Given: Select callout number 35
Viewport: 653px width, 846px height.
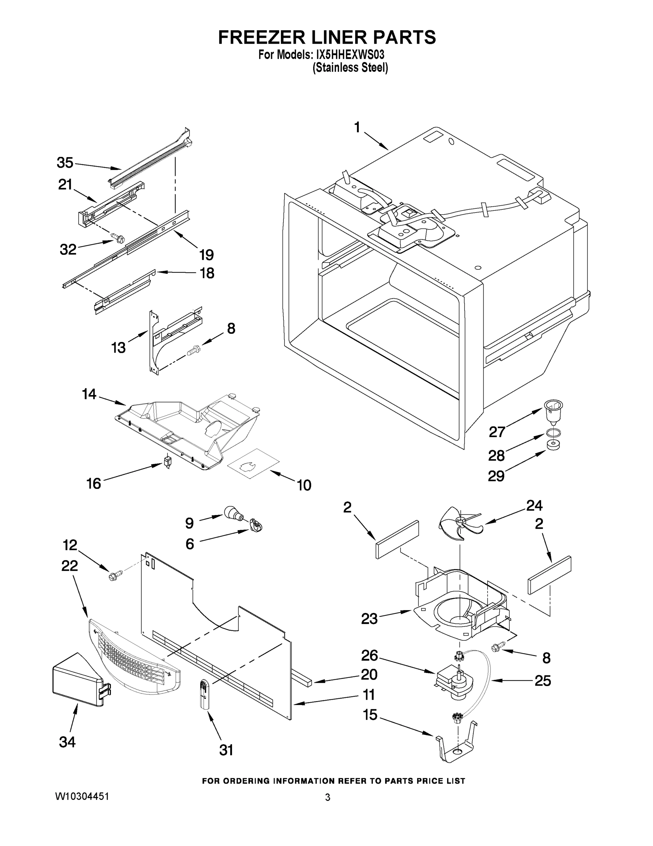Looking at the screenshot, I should click(65, 163).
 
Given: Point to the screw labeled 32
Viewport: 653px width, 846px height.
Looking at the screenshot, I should click(117, 238).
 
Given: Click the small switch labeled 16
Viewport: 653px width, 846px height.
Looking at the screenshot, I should click(167, 462).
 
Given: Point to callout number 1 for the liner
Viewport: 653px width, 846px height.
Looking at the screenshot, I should click(357, 127).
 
